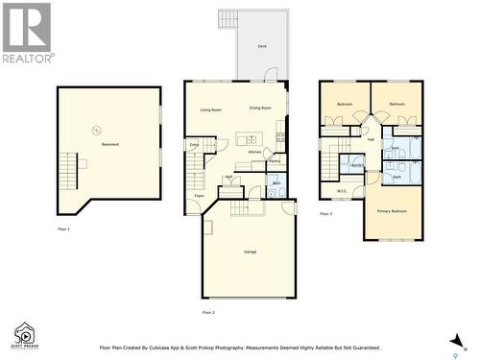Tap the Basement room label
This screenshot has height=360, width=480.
click(110, 144)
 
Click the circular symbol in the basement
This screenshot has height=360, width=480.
click(96, 130)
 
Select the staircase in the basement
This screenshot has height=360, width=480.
click(68, 173)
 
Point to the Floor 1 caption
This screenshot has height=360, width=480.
click(63, 229)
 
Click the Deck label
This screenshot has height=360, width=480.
click(262, 46)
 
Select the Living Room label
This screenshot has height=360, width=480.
click(211, 109)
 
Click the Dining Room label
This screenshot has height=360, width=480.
click(260, 108)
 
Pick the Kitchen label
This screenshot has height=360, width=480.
click(255, 152)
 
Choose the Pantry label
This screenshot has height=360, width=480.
click(275, 161)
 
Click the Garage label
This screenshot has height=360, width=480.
click(250, 252)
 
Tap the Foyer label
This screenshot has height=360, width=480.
click(199, 196)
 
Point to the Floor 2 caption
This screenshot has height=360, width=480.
click(207, 313)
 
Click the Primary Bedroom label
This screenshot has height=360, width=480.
click(392, 210)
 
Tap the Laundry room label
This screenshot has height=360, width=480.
click(357, 166)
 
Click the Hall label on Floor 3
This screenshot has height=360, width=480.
click(371, 140)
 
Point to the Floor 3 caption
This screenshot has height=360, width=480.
click(325, 214)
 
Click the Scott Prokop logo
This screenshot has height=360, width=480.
click(25, 335)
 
